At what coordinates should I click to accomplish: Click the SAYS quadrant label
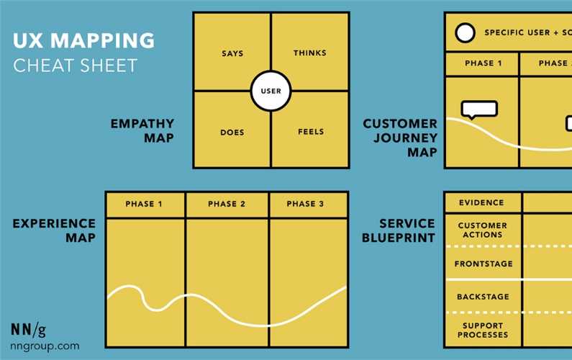click(232, 53)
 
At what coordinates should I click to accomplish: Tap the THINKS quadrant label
click(310, 53)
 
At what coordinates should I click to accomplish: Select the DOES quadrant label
click(232, 132)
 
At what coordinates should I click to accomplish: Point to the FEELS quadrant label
click(311, 132)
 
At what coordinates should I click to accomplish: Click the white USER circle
click(271, 91)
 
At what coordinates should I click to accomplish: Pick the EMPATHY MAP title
click(142, 130)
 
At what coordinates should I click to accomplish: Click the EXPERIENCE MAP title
click(54, 230)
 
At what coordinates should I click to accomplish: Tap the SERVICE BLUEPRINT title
click(407, 230)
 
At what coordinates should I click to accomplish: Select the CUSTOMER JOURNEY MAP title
click(400, 138)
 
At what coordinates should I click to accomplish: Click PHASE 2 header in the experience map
click(227, 204)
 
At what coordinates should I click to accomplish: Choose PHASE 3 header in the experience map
click(305, 204)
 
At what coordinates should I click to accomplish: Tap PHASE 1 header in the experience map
click(144, 204)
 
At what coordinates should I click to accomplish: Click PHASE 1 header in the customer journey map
click(484, 63)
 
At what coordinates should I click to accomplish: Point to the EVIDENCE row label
click(481, 203)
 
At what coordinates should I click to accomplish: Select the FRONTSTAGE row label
click(484, 264)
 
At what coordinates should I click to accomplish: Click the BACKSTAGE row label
click(483, 297)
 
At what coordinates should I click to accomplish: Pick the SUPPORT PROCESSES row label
click(483, 330)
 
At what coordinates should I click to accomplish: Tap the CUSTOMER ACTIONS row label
click(482, 230)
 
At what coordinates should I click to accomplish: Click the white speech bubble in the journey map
click(480, 109)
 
